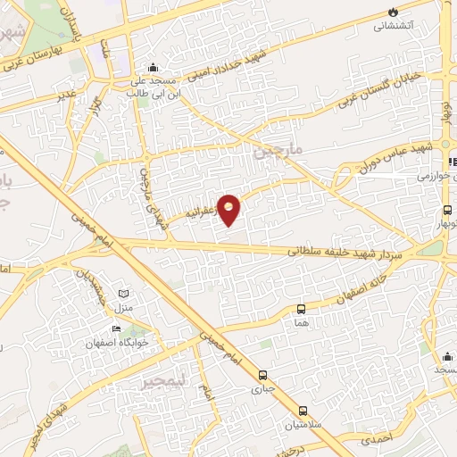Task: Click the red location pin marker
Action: [228, 208]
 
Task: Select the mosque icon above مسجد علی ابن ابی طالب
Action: [154, 66]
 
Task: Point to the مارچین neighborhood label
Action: [278, 151]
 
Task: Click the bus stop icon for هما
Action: [302, 309]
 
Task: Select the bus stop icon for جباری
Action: [262, 376]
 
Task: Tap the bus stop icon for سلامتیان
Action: [303, 411]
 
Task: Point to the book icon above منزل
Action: [124, 294]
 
